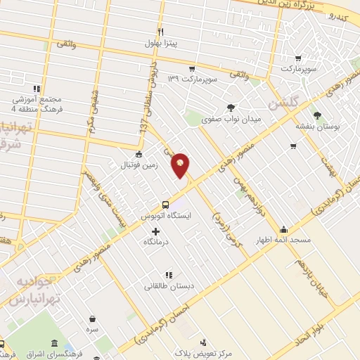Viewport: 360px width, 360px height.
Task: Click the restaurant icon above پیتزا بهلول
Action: pyautogui.click(x=160, y=32)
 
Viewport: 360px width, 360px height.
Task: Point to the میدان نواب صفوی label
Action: pyautogui.click(x=231, y=120)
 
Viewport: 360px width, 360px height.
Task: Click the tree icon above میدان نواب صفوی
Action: pyautogui.click(x=231, y=108)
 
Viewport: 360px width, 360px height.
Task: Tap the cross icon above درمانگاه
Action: pyautogui.click(x=155, y=231)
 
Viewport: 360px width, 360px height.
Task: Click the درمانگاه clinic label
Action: pyautogui.click(x=155, y=242)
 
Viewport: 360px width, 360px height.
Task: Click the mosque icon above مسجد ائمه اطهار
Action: pyautogui.click(x=283, y=229)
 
